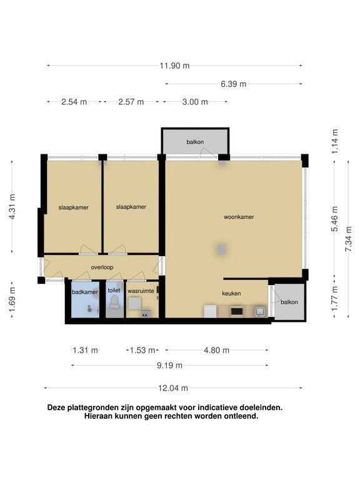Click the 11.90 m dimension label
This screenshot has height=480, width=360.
click(174, 66)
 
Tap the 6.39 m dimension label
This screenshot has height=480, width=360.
click(234, 84)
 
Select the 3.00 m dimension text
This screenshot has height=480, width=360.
click(195, 102)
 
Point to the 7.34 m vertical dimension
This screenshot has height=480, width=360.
click(348, 239)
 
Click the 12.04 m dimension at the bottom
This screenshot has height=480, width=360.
click(173, 388)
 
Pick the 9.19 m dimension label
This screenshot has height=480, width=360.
click(169, 366)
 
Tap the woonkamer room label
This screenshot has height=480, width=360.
click(239, 217)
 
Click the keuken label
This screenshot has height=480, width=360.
click(231, 294)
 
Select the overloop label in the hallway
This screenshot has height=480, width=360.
click(102, 267)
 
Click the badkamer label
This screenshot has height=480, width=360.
click(85, 292)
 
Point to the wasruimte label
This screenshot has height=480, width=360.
click(141, 291)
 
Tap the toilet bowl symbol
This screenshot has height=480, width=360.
click(114, 302)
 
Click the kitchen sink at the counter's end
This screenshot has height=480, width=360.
click(260, 312)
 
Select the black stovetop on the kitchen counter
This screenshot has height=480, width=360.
click(237, 311)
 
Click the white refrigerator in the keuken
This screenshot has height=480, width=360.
click(210, 311)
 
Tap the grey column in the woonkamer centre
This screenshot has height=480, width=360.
click(221, 249)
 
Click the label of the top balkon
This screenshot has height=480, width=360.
click(195, 142)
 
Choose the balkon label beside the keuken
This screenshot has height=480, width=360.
click(289, 302)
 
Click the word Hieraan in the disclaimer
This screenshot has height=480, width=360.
click(97, 416)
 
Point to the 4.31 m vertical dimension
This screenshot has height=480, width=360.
click(12, 207)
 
